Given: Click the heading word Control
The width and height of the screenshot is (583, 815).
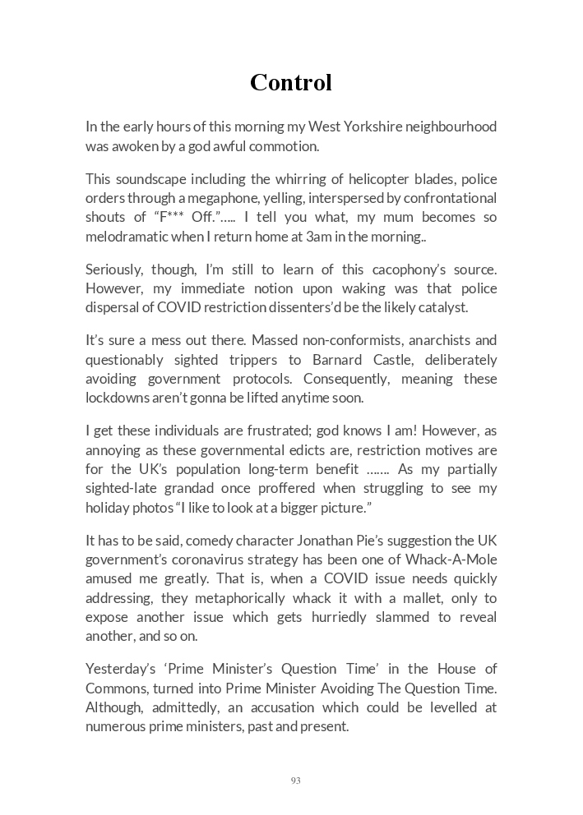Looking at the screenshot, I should [291, 82].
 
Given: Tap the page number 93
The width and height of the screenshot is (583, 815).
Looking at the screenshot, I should [295, 780].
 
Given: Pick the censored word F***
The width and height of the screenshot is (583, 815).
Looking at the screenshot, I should [173, 218].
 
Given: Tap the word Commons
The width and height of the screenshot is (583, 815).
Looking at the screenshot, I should [113, 688].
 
